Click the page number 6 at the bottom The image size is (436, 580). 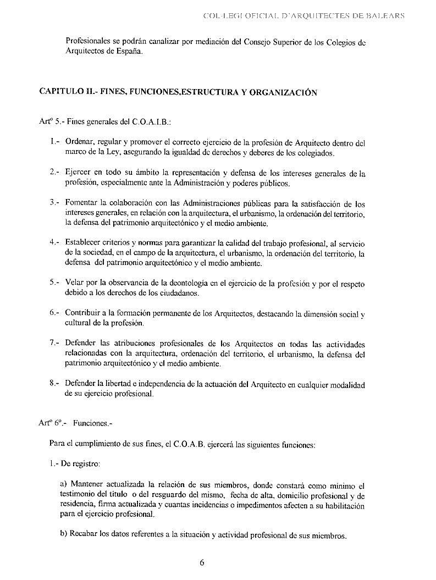pos(201,562)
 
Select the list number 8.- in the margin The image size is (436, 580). pos(54,383)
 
